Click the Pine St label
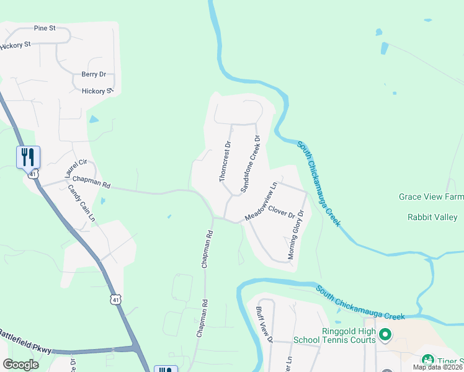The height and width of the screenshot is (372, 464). (46, 29)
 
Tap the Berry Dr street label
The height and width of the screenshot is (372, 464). (94, 74)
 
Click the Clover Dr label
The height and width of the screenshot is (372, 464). (282, 212)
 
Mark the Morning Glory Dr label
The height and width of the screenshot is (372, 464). (296, 235)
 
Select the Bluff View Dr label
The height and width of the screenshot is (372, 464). (264, 324)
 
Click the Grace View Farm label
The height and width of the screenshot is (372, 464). (431, 197)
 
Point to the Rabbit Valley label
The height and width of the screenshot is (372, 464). (432, 217)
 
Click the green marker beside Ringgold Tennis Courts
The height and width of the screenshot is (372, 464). (385, 335)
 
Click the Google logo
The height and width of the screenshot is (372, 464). (20, 365)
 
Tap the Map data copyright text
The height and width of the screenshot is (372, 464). (437, 367)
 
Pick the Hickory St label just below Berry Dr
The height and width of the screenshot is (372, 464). (98, 91)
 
